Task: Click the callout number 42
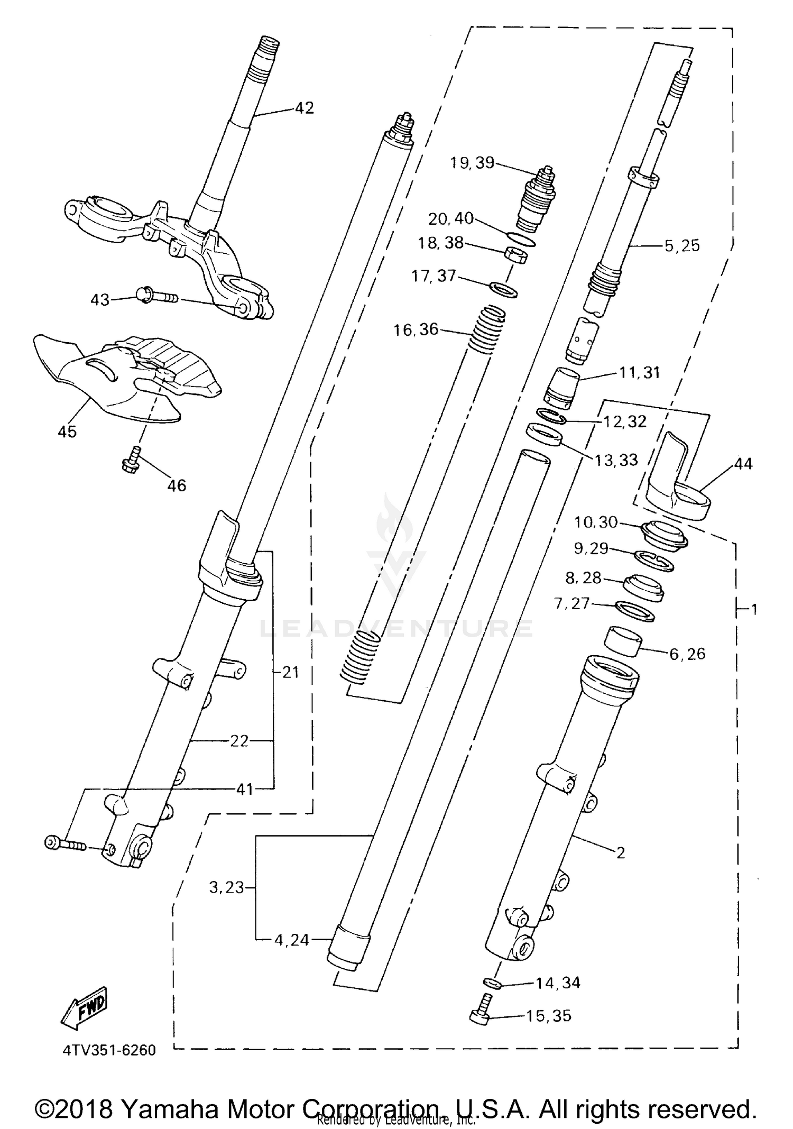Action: pyautogui.click(x=304, y=108)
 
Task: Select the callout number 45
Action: pyautogui.click(x=67, y=432)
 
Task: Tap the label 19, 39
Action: pyautogui.click(x=472, y=163)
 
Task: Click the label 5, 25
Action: pyautogui.click(x=682, y=246)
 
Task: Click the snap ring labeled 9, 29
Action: pyautogui.click(x=653, y=561)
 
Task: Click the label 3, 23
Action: pyautogui.click(x=226, y=887)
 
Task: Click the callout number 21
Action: pyautogui.click(x=291, y=672)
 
